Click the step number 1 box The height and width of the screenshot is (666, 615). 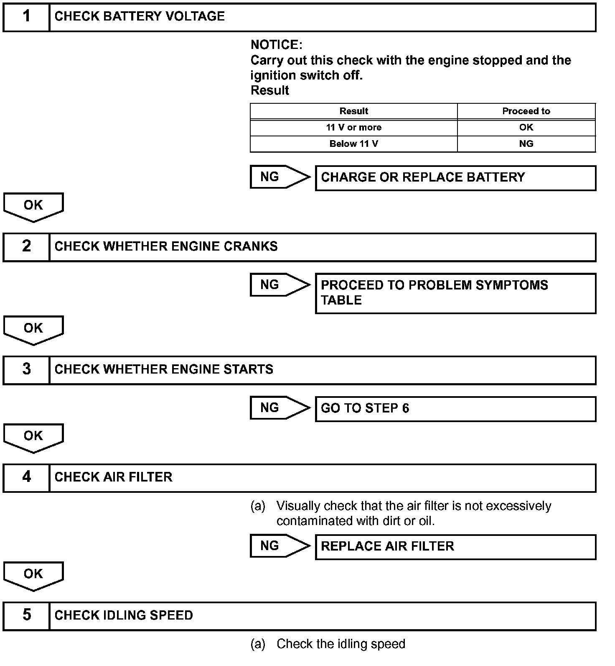tap(26, 17)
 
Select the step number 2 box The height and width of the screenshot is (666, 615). tap(26, 247)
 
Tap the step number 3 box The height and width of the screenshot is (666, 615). tap(26, 370)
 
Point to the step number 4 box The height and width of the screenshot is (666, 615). tap(26, 477)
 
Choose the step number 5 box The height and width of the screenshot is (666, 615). tap(26, 615)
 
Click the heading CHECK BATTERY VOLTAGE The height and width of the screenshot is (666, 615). tap(140, 16)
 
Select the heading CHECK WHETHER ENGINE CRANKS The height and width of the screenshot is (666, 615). tap(166, 246)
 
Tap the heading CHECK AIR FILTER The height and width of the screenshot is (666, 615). tap(113, 477)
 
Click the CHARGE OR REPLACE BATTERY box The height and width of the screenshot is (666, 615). tap(455, 178)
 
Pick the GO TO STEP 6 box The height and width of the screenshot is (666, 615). tap(455, 409)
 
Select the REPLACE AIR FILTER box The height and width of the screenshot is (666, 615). tap(455, 547)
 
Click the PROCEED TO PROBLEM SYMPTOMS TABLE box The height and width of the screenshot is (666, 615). tap(455, 293)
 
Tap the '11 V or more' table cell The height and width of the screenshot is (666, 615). tap(353, 128)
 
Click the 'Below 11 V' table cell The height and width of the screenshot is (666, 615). tap(353, 144)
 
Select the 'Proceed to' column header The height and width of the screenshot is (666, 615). tap(526, 111)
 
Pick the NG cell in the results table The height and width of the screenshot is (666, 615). tap(526, 144)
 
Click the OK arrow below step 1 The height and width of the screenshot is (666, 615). tap(33, 206)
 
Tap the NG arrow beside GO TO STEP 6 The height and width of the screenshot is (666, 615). tap(279, 408)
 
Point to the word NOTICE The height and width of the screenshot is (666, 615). tap(276, 45)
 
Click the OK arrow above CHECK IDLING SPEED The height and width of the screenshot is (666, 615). tap(33, 575)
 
